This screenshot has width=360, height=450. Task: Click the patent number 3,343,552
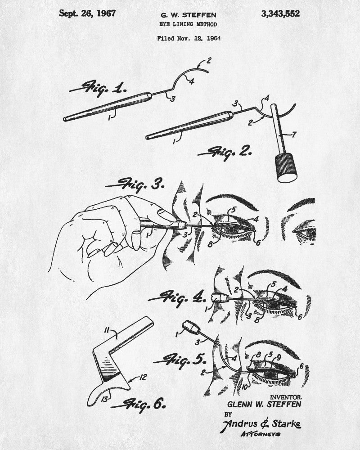pos(280,14)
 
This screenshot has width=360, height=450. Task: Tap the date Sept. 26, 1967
pos(87,13)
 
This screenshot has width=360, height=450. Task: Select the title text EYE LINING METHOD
pos(189,24)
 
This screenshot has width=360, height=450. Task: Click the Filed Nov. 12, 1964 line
pos(189,38)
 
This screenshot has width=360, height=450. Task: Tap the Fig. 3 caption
pos(135,184)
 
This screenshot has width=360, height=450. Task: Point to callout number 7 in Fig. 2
pos(293,134)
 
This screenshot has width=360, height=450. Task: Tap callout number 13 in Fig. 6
pos(105,399)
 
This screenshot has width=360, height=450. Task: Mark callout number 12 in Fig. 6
pos(143,377)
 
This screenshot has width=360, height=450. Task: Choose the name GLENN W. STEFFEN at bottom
pos(264,405)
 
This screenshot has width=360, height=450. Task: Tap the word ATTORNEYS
pos(261,434)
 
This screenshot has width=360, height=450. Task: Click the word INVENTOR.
pos(286,397)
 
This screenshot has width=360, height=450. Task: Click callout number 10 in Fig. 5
pos(244,387)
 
